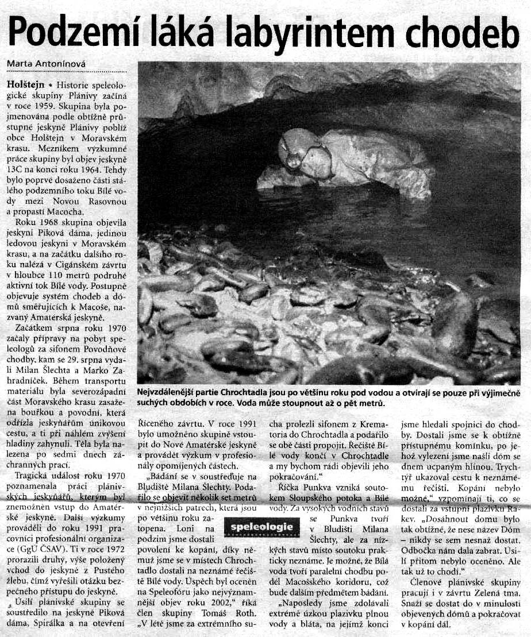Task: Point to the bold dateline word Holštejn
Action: (22, 84)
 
